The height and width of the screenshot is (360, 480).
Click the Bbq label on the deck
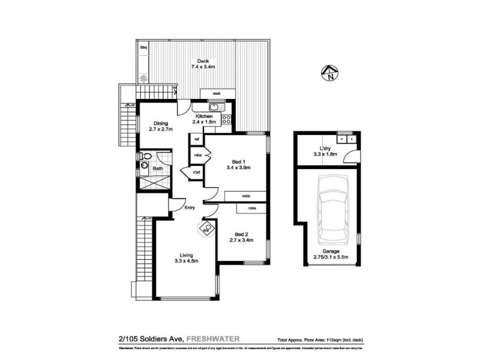pos(143,47)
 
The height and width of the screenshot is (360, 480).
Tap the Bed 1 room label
pos(241,164)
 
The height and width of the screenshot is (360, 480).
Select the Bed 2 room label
pos(242,237)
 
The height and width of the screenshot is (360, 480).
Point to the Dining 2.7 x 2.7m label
pos(160,127)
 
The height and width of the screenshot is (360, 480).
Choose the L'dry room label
pos(326,151)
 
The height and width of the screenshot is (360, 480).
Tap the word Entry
pos(190,208)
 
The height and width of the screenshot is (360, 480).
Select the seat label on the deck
pos(214,94)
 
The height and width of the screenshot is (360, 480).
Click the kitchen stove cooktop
pos(226,119)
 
